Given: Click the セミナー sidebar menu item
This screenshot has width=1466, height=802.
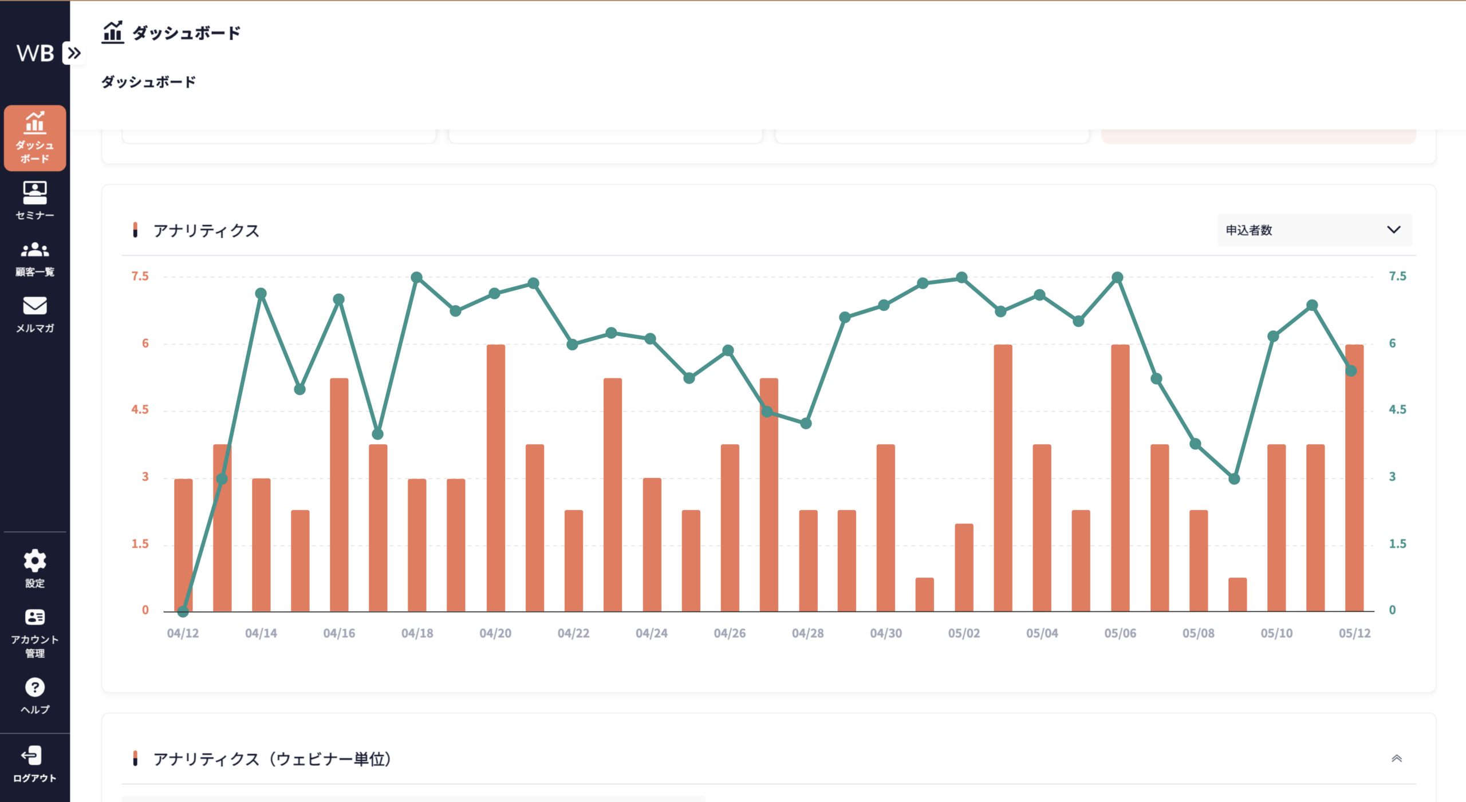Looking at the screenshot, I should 35,200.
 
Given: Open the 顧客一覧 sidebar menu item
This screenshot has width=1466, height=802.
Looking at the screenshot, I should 35,259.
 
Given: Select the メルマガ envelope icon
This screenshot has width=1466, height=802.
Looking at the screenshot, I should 35,306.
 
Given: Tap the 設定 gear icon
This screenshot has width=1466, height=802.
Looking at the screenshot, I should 35,560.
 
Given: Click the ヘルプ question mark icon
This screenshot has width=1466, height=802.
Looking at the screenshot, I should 35,687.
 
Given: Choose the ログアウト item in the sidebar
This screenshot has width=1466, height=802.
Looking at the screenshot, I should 35,764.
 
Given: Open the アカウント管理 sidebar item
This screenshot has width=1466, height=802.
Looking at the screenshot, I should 35,633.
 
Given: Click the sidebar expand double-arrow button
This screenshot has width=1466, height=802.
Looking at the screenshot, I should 74,53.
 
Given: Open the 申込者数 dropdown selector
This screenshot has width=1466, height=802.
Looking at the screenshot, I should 1314,230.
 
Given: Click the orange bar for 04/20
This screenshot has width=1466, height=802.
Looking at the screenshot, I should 496,478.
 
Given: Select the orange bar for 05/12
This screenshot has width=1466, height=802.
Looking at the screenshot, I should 1354,478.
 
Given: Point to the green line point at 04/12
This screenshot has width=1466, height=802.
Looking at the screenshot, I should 183,611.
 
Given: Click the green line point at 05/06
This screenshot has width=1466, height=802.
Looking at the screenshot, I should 1117,278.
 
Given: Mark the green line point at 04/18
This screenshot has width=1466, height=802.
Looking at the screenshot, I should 417,278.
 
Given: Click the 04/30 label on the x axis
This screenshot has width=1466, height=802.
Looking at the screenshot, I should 886,633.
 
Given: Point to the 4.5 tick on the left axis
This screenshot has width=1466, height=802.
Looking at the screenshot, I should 140,410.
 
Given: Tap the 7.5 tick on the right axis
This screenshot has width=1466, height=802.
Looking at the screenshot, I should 1397,276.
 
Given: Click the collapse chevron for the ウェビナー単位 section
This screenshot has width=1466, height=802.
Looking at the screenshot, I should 1397,758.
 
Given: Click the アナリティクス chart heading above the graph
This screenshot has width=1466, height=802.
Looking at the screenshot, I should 206,231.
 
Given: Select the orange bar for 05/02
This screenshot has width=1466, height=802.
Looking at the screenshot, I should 964,567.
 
